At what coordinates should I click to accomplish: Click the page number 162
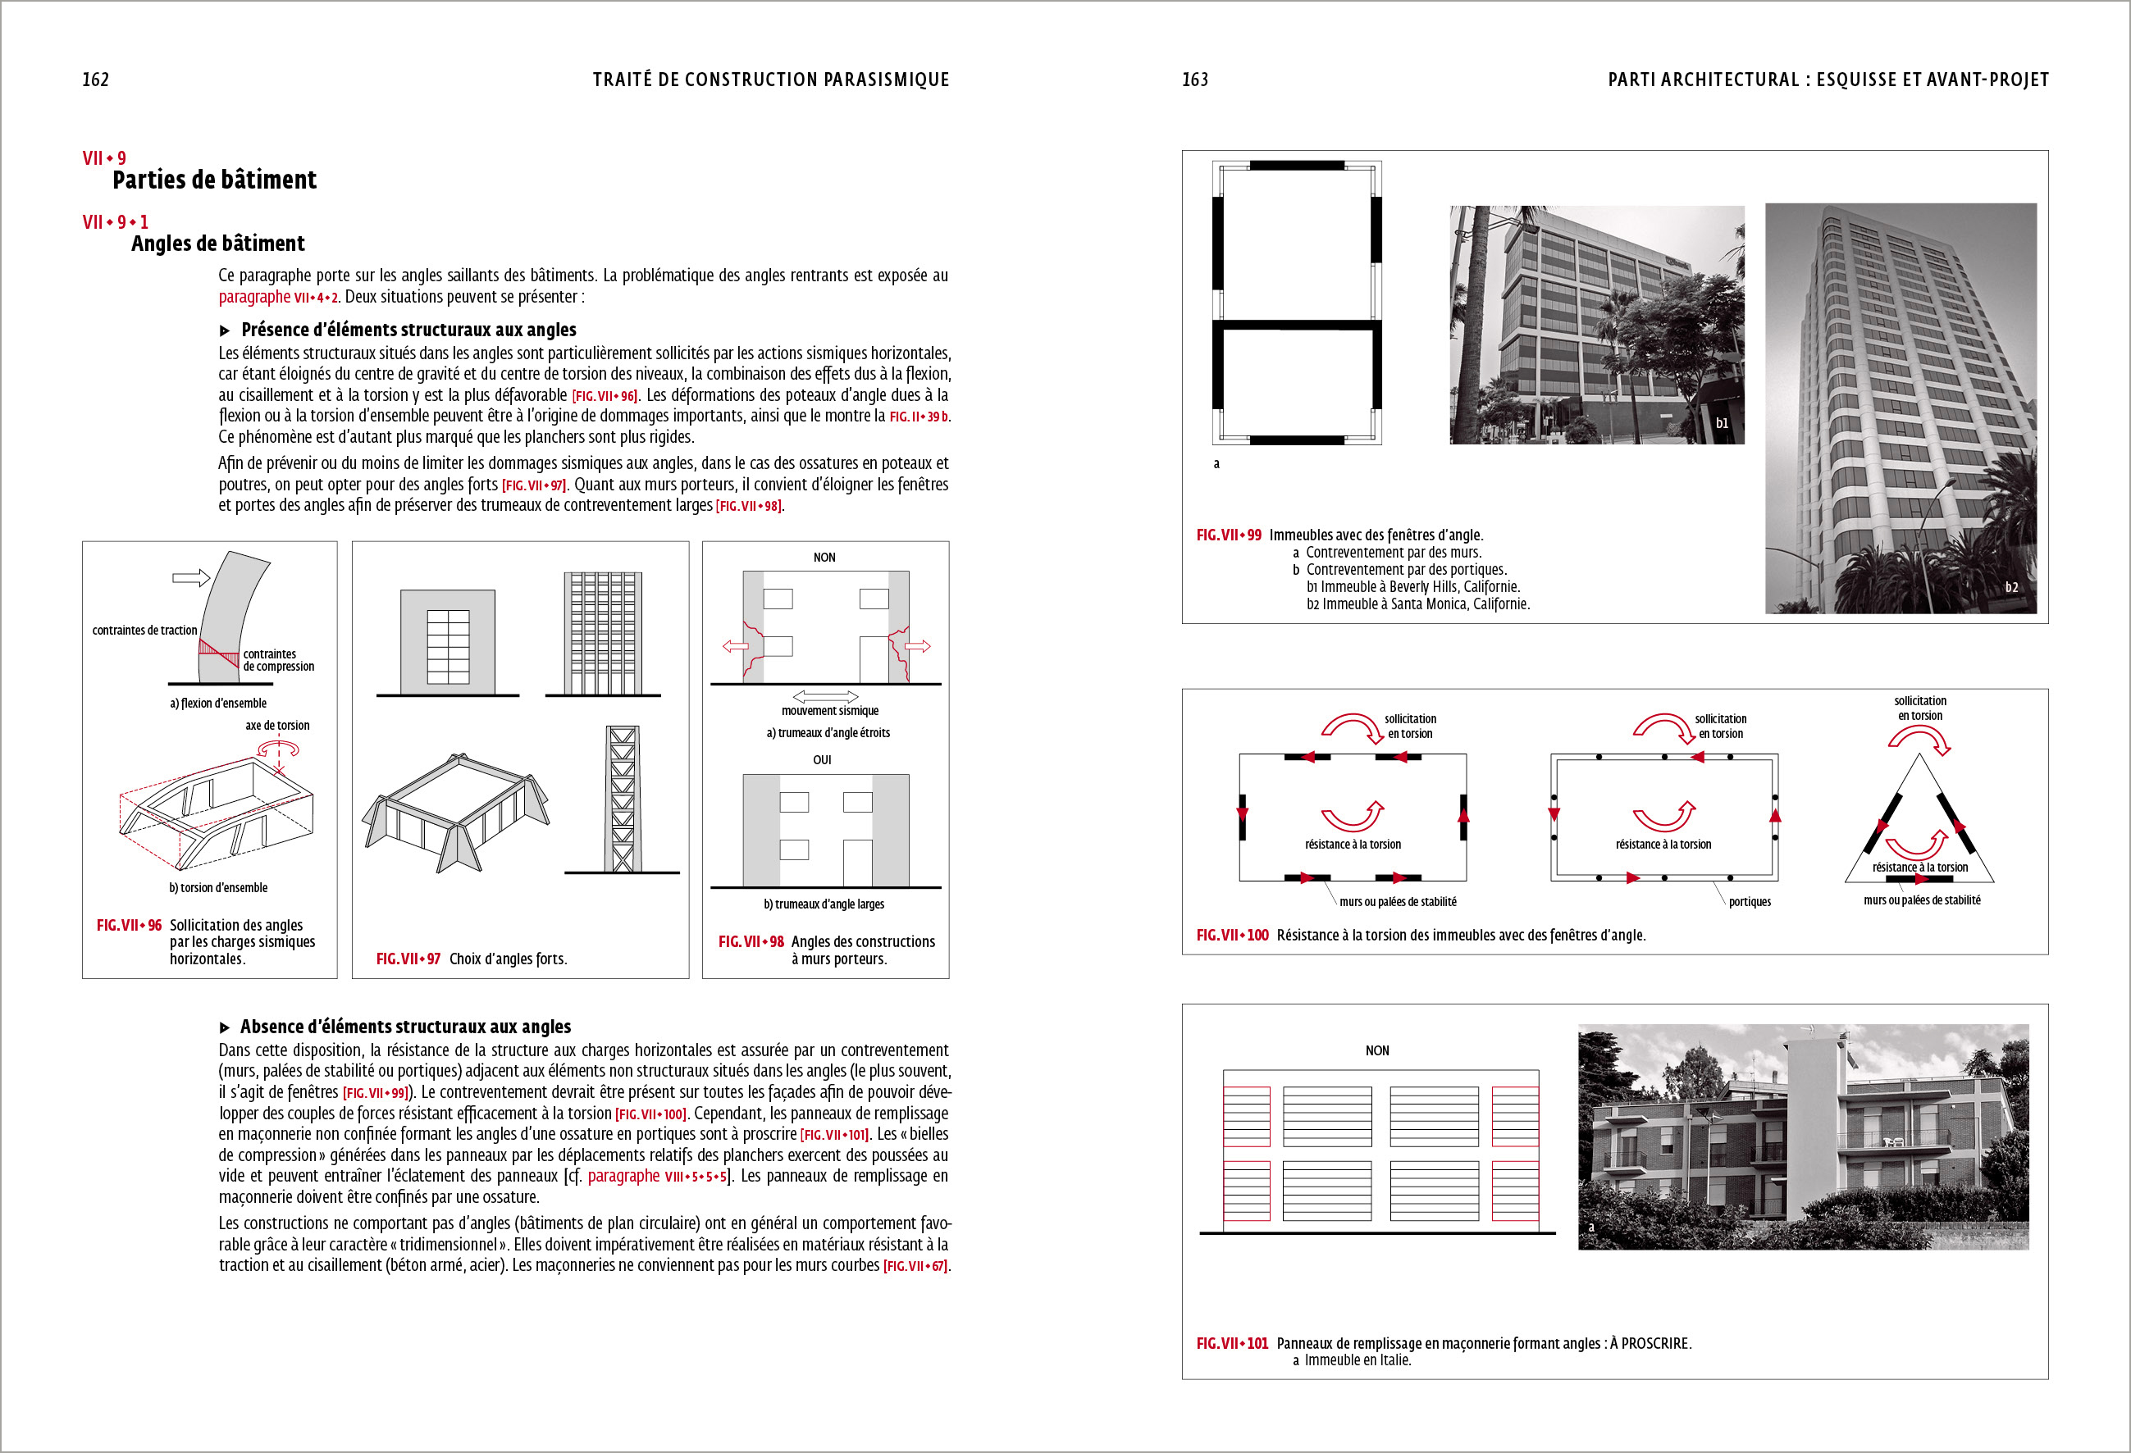pos(95,80)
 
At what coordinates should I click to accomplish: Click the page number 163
pos(1195,80)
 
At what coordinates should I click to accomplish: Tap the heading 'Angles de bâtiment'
pos(217,244)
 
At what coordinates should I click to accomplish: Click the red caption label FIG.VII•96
pos(129,926)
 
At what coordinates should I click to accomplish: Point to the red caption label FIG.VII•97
pos(408,959)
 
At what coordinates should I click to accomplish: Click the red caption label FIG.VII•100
pos(1232,935)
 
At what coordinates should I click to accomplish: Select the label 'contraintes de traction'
pos(144,631)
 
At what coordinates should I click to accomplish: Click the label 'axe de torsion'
pos(277,725)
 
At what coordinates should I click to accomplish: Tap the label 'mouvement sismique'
pos(829,710)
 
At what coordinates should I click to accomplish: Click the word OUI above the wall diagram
pos(822,760)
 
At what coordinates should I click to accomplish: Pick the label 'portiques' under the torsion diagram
pos(1750,902)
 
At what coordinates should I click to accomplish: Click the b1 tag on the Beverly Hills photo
pos(1722,424)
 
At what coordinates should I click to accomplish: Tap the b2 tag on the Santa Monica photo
pos(2011,588)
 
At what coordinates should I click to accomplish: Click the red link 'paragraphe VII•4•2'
pos(278,297)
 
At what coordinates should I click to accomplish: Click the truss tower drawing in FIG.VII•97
pos(622,799)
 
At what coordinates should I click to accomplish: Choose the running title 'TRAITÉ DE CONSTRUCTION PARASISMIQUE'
pos(770,80)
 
